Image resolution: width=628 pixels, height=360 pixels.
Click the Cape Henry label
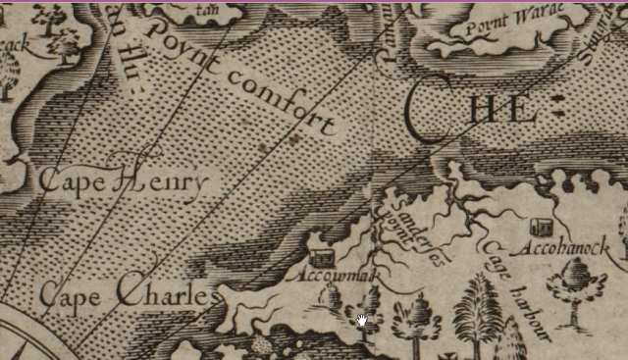(x=123, y=181)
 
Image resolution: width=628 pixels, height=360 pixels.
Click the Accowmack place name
(x=332, y=276)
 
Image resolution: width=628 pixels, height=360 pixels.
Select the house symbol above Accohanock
(x=540, y=227)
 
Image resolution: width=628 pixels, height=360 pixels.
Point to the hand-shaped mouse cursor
(x=363, y=320)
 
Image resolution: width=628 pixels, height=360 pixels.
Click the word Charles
(x=165, y=291)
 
